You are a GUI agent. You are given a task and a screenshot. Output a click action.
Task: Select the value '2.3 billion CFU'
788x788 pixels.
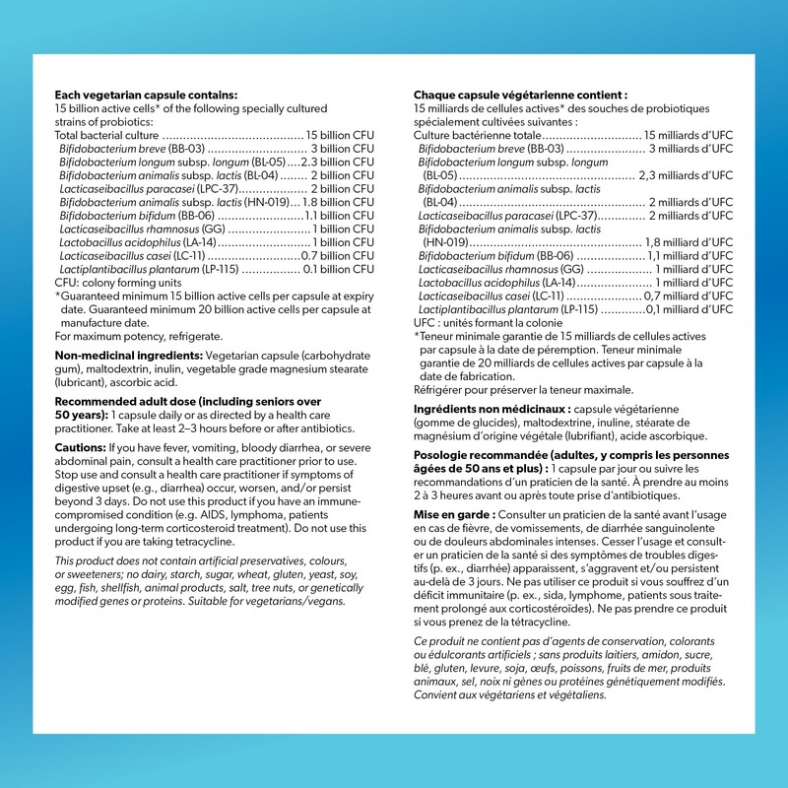(x=337, y=162)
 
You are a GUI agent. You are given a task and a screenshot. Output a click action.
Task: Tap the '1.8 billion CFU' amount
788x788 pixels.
(x=339, y=202)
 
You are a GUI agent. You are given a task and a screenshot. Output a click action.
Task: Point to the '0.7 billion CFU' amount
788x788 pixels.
(x=338, y=255)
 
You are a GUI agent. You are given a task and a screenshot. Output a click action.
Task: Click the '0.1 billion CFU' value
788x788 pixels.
(x=338, y=268)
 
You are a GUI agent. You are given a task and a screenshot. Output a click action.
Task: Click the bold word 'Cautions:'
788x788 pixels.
(x=81, y=447)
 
